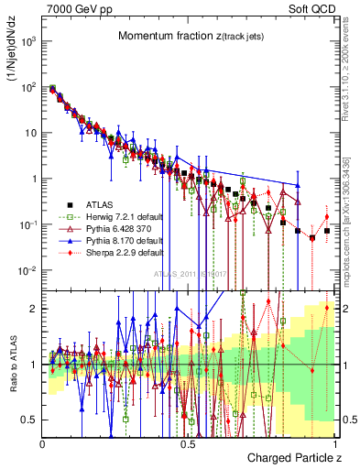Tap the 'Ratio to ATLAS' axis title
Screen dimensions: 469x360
point(15,365)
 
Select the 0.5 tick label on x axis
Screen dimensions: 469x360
point(188,442)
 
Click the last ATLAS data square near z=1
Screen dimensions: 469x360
point(327,231)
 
